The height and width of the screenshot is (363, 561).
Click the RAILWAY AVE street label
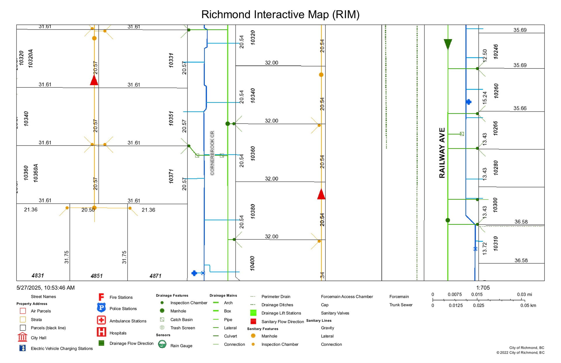(x=442, y=153)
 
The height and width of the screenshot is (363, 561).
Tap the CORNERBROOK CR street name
(x=212, y=153)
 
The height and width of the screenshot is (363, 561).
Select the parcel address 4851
(x=96, y=276)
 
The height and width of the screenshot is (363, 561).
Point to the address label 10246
(x=496, y=52)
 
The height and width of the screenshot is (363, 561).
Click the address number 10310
(x=496, y=243)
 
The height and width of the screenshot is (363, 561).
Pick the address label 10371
(x=171, y=176)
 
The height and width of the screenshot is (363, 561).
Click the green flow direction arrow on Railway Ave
(x=448, y=44)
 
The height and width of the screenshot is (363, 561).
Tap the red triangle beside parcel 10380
(x=321, y=194)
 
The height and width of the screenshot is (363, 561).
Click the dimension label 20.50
(x=88, y=210)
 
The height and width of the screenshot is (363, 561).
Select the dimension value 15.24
(x=485, y=98)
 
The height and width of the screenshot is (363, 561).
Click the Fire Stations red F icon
(x=101, y=297)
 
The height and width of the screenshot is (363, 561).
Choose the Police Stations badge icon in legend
(x=101, y=308)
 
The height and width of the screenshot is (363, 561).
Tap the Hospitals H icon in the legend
(x=101, y=332)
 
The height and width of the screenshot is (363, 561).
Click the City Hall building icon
(x=22, y=337)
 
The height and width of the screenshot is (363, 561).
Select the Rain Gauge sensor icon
(x=162, y=344)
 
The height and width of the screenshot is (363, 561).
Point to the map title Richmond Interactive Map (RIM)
(x=280, y=14)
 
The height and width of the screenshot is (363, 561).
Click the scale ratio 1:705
(x=483, y=288)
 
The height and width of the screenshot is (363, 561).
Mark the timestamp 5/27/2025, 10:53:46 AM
(x=46, y=288)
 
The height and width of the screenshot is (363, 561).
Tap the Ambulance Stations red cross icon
(x=101, y=320)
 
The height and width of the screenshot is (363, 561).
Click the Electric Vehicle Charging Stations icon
(x=22, y=348)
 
